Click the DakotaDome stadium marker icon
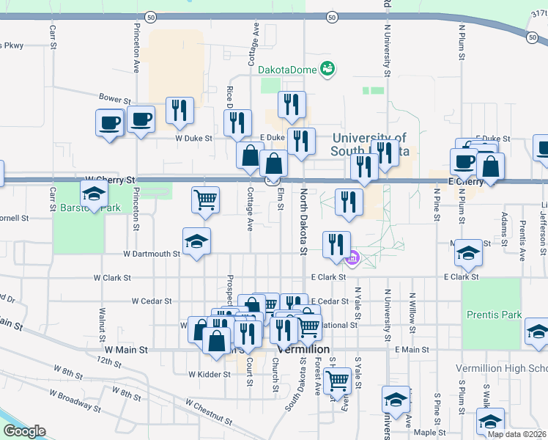pyautogui.click(x=327, y=70)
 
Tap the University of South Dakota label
pyautogui.click(x=371, y=144)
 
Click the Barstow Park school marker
pyautogui.click(x=94, y=195)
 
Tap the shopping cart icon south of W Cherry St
pyautogui.click(x=206, y=199)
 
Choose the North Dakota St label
pyautogui.click(x=303, y=221)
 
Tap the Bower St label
pyautogui.click(x=114, y=98)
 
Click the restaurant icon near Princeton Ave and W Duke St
pyautogui.click(x=179, y=111)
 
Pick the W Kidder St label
pyautogui.click(x=210, y=374)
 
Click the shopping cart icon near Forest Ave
pyautogui.click(x=337, y=381)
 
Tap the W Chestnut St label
pyautogui.click(x=209, y=413)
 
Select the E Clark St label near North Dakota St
pyautogui.click(x=327, y=277)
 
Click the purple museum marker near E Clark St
pyautogui.click(x=352, y=257)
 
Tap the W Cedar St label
pyautogui.click(x=152, y=301)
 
